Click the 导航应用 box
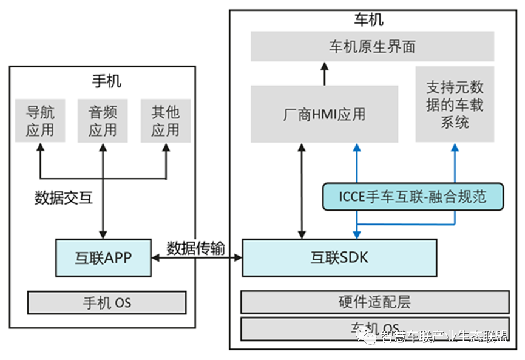[x=40, y=120]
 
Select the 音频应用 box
[x=103, y=120]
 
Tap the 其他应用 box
[x=165, y=120]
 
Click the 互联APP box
[x=103, y=258]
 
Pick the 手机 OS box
[x=107, y=302]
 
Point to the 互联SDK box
[x=339, y=257]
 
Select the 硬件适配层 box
[x=375, y=302]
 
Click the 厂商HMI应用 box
[x=324, y=114]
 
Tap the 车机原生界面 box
[x=373, y=47]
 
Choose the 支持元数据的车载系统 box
[x=455, y=104]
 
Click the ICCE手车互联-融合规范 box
[x=413, y=197]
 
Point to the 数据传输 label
[x=195, y=248]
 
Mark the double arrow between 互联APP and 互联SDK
[x=196, y=259]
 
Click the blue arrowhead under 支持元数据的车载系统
[x=455, y=148]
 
